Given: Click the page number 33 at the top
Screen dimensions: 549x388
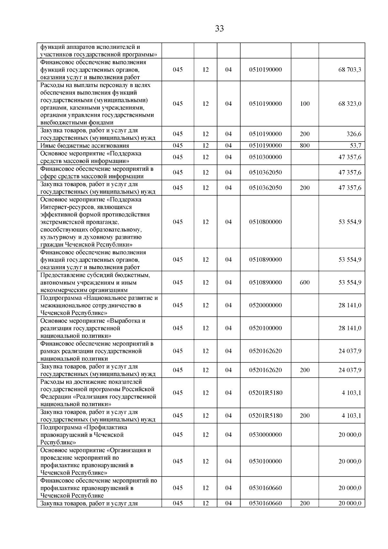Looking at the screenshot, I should coord(219,29).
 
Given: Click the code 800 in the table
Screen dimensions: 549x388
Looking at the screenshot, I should coord(305,146).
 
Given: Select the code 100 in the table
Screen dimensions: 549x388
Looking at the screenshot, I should coord(305,104).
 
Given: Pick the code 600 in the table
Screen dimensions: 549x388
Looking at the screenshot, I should coord(305,282).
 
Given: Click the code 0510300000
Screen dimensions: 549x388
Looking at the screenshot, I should coord(265,157).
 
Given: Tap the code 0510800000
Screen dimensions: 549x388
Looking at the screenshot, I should coord(265,222).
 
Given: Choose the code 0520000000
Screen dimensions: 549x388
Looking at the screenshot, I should coord(265,305).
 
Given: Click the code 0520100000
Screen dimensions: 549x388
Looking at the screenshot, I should coord(265,328).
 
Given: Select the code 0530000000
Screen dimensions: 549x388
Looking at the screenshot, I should coord(265,435).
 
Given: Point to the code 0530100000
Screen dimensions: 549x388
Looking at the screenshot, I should coord(265,461).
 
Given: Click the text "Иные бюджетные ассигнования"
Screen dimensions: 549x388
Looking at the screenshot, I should coord(85,146).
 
